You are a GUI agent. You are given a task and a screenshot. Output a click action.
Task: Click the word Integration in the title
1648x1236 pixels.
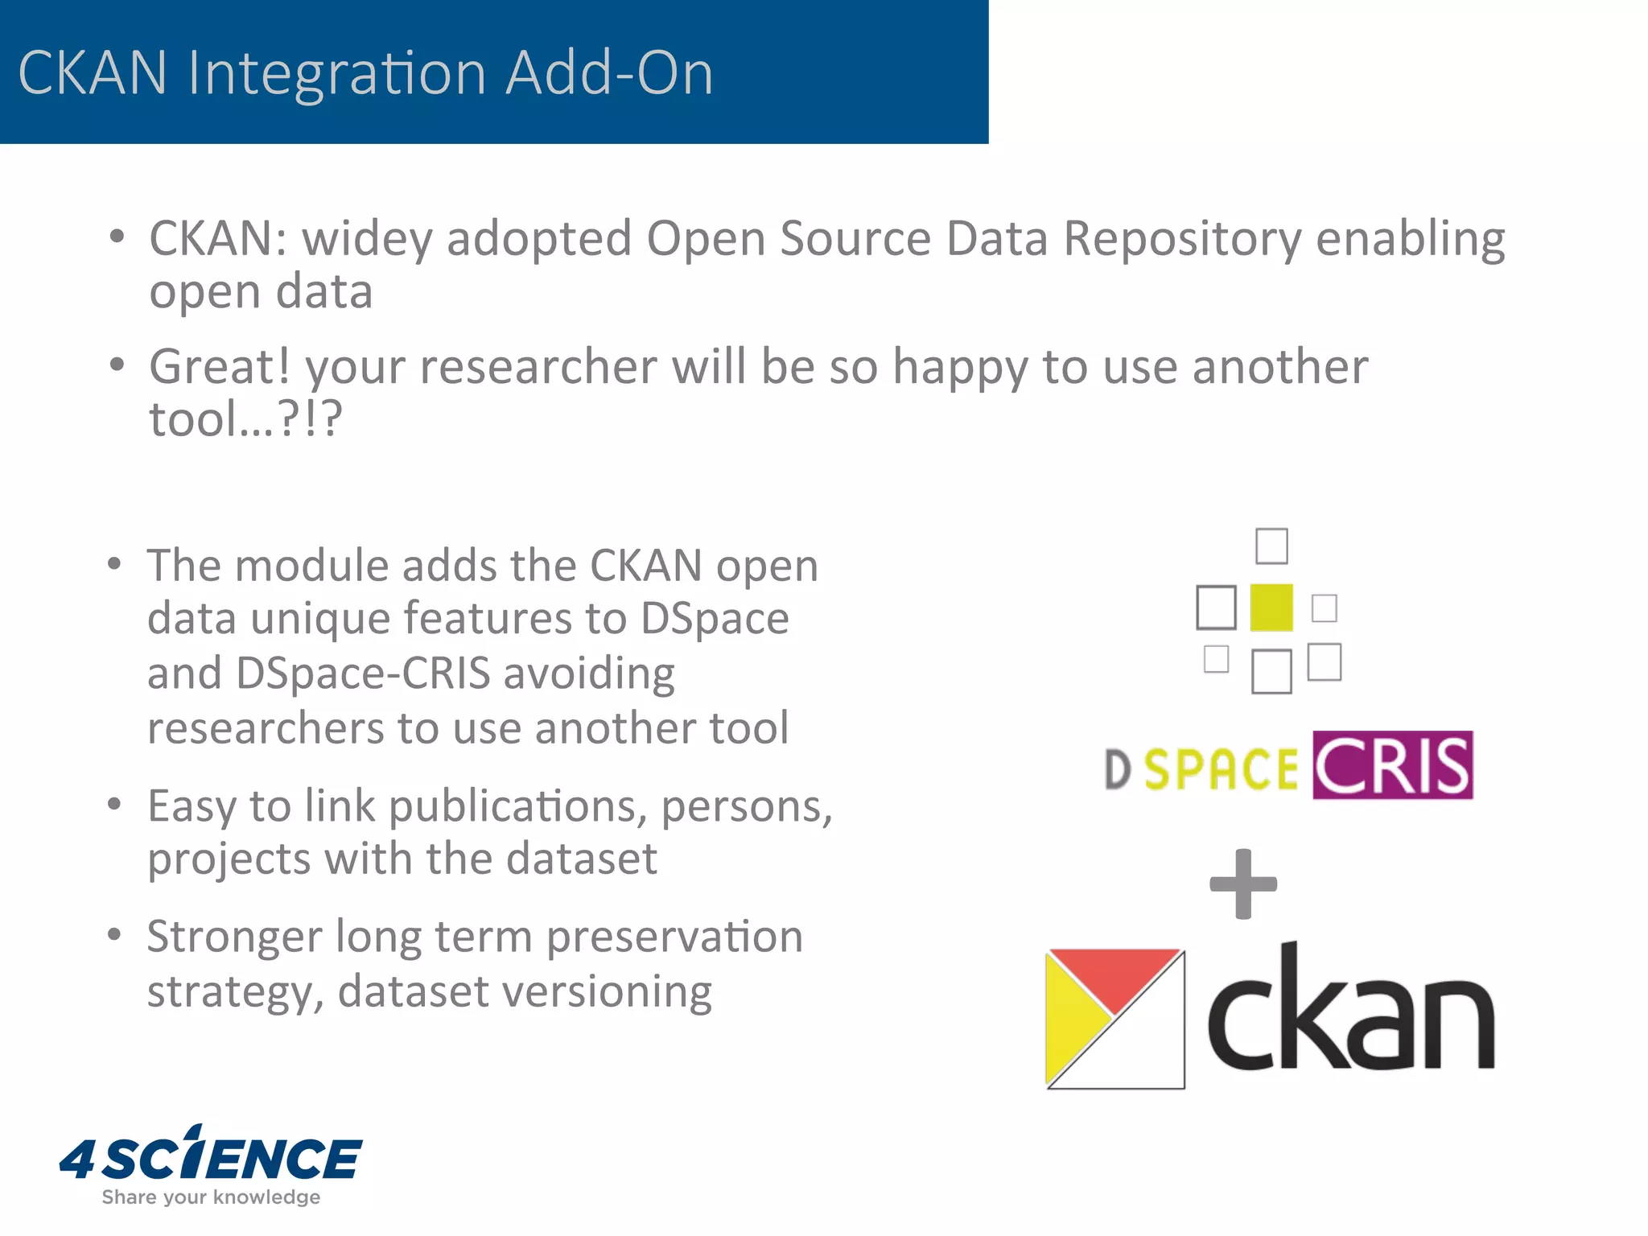click(336, 74)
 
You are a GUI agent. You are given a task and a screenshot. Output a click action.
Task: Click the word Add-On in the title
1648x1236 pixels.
click(609, 74)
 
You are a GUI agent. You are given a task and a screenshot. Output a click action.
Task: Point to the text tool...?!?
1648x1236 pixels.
click(245, 419)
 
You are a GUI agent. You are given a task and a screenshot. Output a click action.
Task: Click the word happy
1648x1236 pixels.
click(960, 368)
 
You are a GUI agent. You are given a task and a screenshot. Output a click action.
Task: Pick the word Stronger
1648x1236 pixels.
click(234, 937)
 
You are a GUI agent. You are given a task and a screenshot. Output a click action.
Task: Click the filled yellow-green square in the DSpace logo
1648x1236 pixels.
click(1271, 608)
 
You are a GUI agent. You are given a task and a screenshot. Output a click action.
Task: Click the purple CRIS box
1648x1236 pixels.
click(1392, 765)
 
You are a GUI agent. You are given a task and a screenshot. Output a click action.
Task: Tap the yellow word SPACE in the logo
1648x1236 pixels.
click(1220, 769)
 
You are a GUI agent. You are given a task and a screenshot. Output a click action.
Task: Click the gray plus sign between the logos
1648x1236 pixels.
click(1243, 884)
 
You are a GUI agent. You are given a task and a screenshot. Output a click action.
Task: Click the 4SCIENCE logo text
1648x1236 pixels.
click(211, 1158)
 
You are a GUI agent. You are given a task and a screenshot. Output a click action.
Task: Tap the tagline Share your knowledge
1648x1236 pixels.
click(211, 1197)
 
